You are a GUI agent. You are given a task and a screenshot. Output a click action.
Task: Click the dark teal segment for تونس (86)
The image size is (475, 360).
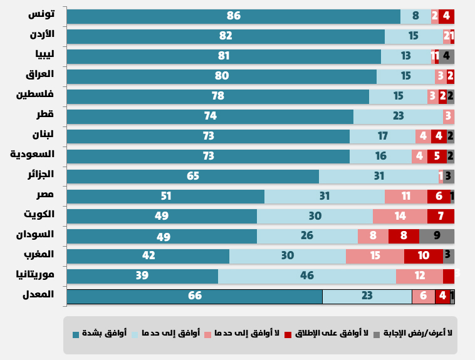click(x=233, y=16)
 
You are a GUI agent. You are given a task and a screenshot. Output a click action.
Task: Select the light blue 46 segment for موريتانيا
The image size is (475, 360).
click(x=306, y=276)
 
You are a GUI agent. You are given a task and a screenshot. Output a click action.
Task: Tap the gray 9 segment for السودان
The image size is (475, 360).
click(x=436, y=236)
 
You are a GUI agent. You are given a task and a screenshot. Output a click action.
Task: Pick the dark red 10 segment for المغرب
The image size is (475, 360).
click(x=423, y=256)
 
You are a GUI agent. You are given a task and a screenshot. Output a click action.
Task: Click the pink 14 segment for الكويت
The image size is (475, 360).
click(x=400, y=216)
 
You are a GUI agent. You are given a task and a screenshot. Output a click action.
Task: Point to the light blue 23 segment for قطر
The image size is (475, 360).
click(x=397, y=116)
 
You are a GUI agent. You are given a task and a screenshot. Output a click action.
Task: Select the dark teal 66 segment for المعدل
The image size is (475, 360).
click(x=194, y=296)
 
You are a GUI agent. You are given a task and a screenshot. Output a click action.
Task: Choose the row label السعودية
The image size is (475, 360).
click(x=32, y=154)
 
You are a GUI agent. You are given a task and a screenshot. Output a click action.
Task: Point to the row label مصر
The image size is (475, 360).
click(x=44, y=194)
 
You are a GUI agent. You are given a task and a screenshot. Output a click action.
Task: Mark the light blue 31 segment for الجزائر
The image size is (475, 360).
click(x=378, y=176)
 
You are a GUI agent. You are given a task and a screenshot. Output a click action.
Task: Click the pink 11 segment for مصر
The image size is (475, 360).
click(x=405, y=196)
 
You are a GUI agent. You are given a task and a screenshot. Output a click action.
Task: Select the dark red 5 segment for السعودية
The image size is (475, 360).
click(x=437, y=156)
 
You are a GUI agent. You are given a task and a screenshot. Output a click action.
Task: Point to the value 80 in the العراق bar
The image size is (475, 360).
click(x=221, y=76)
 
